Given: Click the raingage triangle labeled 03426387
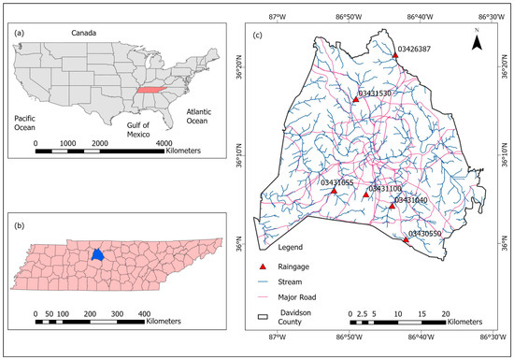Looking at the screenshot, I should coord(396,56).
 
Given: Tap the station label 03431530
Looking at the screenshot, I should coord(375,94).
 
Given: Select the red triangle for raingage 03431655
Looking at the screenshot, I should coord(334,191).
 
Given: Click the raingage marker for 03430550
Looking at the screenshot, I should coord(407,240).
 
